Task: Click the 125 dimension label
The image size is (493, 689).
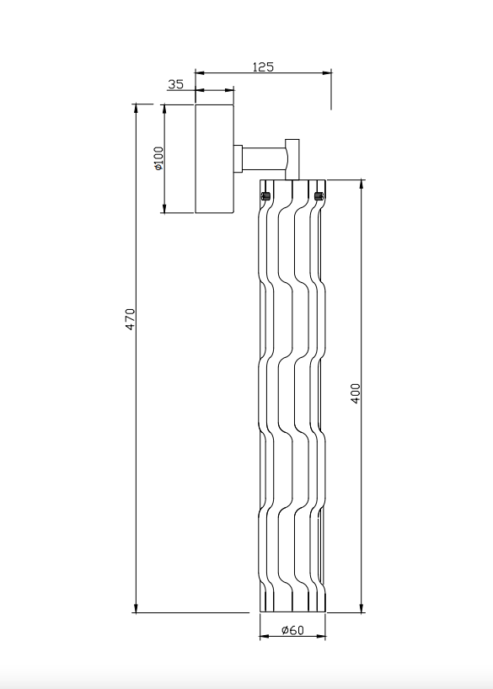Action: pos(263,67)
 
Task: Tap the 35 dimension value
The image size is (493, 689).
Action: pos(175,84)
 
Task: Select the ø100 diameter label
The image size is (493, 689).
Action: pos(158,158)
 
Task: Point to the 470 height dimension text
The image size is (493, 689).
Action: pos(130,319)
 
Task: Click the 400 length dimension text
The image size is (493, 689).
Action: pos(356,393)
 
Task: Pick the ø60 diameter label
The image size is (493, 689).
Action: pos(292,630)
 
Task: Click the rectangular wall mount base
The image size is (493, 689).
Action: pos(214,158)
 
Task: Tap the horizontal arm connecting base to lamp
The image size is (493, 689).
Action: pos(265,158)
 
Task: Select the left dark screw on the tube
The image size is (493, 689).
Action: pos(265,196)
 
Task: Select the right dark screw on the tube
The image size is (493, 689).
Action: pos(319,196)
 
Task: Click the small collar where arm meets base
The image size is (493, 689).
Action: pos(238,158)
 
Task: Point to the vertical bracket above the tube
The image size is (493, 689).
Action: pos(292,159)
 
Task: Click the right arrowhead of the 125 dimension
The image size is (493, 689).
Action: pos(327,73)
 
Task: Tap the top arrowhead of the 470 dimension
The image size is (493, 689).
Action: pos(136,109)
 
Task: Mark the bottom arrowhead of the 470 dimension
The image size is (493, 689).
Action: pos(136,607)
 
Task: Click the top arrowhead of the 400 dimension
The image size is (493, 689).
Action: pos(362,184)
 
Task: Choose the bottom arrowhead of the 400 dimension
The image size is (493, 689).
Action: pos(362,607)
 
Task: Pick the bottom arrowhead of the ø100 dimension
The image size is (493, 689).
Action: pos(164,209)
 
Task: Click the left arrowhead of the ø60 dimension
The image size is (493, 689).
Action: pos(265,636)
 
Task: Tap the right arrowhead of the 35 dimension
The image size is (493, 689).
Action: pos(229,90)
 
